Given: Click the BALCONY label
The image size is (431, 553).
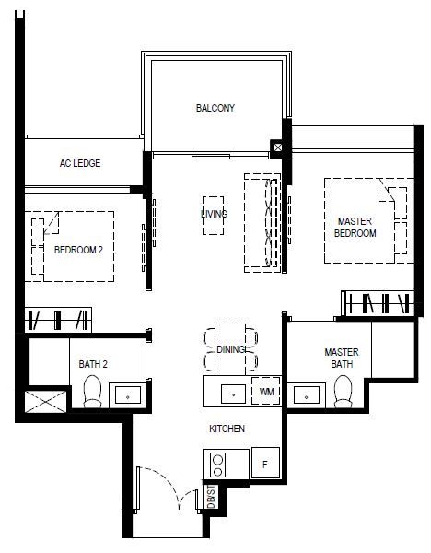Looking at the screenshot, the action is pyautogui.click(x=215, y=108).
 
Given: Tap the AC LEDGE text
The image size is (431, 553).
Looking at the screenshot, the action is pyautogui.click(x=80, y=163).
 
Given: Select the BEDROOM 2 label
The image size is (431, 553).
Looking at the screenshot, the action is pyautogui.click(x=78, y=250).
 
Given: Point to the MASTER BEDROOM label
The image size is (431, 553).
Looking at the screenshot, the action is pyautogui.click(x=355, y=227).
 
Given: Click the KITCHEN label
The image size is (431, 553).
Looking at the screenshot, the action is pyautogui.click(x=227, y=429).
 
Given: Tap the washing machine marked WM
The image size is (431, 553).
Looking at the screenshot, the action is pyautogui.click(x=266, y=391).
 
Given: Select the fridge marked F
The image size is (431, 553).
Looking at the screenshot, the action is pyautogui.click(x=266, y=463).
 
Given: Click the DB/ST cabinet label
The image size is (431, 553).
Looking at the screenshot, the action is pyautogui.click(x=211, y=497).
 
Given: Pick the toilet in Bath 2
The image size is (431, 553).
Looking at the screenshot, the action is pyautogui.click(x=92, y=392).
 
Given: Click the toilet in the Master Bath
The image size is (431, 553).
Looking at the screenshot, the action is pyautogui.click(x=343, y=392).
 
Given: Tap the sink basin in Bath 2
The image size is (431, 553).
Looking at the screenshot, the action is pyautogui.click(x=128, y=394).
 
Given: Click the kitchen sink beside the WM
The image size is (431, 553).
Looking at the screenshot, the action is pyautogui.click(x=233, y=394).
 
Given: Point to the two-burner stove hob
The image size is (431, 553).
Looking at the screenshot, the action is pyautogui.click(x=217, y=465).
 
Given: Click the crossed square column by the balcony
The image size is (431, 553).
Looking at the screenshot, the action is pyautogui.click(x=278, y=147).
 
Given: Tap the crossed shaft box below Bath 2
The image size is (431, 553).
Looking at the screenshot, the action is pyautogui.click(x=45, y=401).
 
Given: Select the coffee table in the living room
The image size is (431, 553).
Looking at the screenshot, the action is pyautogui.click(x=214, y=216).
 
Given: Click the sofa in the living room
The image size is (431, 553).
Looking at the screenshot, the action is pyautogui.click(x=262, y=223).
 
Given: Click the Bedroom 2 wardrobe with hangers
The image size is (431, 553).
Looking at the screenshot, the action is pyautogui.click(x=58, y=320).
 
